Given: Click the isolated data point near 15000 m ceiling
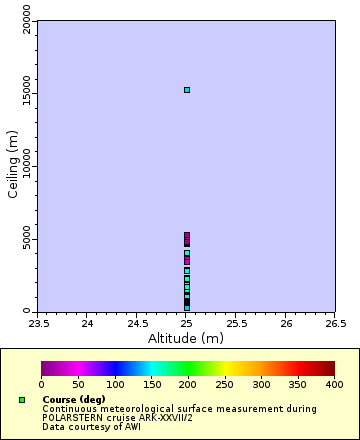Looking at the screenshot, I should tap(186, 90).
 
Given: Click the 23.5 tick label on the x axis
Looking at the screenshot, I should tap(38, 324).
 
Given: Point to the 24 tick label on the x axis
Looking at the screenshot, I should tap(87, 324).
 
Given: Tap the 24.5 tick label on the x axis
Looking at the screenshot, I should tap(137, 324).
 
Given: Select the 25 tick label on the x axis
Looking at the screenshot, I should tap(186, 324).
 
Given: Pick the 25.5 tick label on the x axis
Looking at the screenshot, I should tap(236, 324).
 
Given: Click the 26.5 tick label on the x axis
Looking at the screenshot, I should tap(335, 324).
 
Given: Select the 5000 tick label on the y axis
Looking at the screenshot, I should tap(26, 240).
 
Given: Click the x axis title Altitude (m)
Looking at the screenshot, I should tap(186, 339).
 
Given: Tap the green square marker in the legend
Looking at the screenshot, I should tap(21, 400).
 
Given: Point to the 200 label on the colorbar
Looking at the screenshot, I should tap(188, 384).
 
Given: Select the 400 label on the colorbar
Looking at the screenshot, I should tap(334, 384).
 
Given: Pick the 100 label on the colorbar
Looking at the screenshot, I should tap(115, 384).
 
